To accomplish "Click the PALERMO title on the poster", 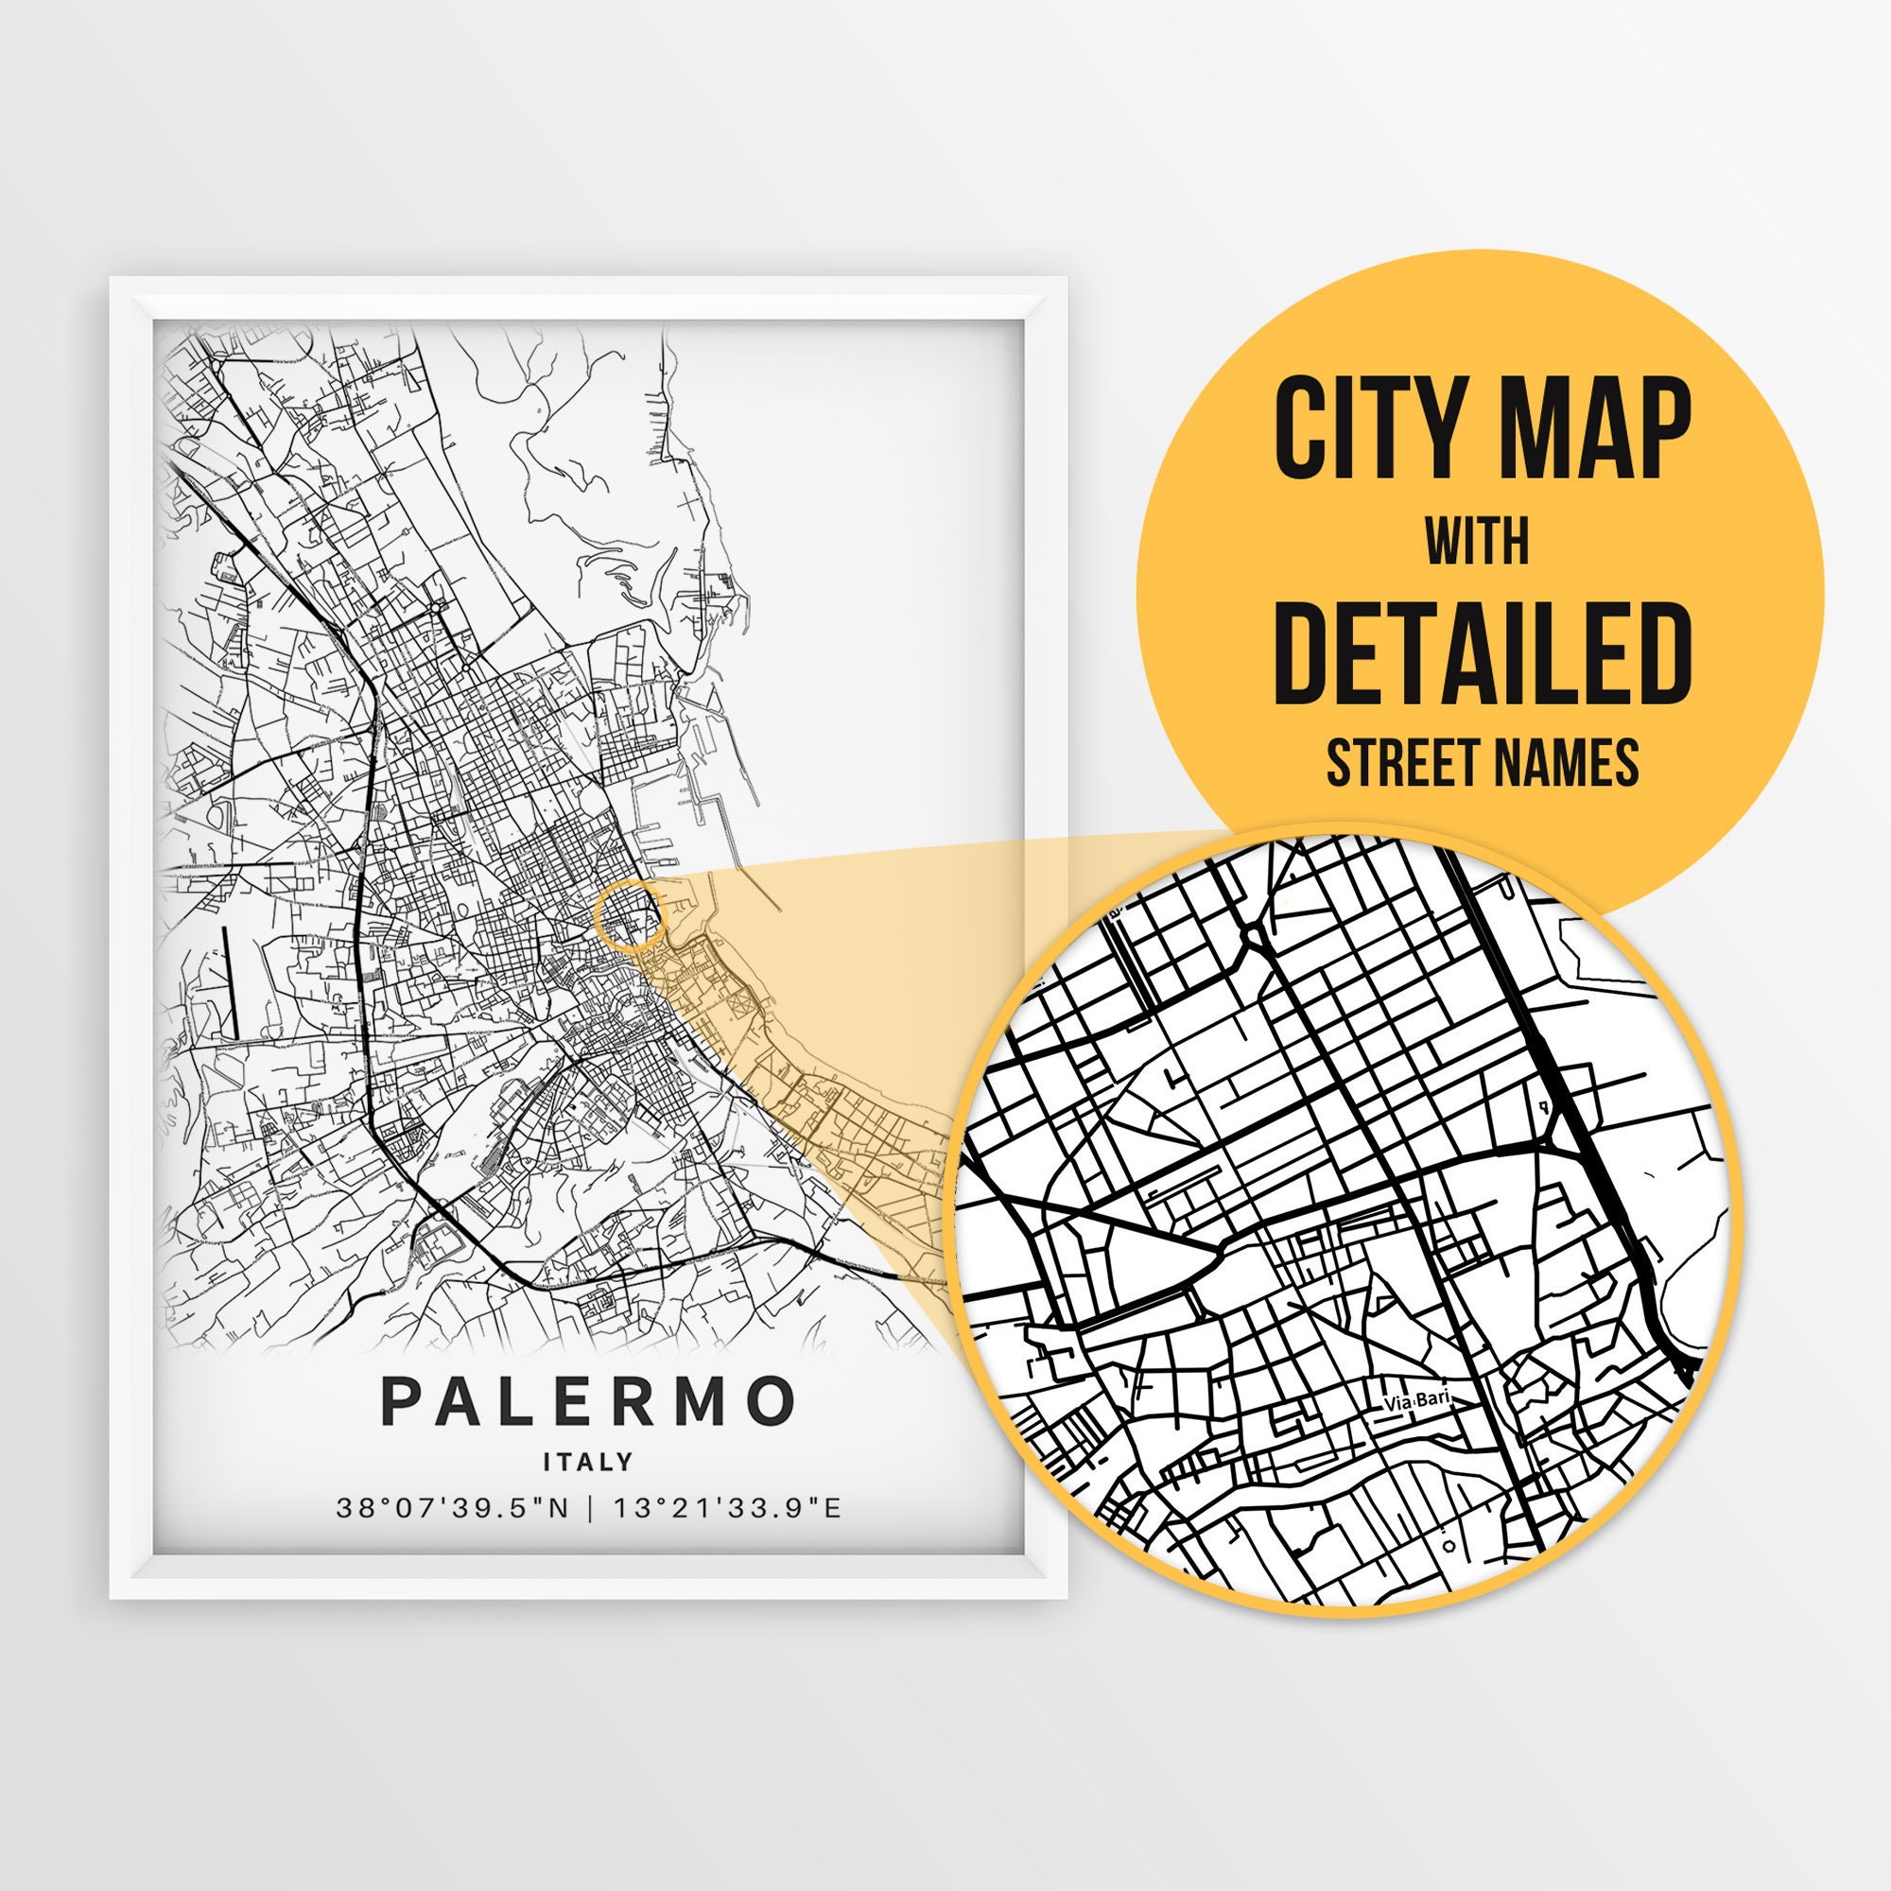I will (587, 1400).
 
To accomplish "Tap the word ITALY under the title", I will (588, 1463).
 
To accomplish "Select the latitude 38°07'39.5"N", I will (452, 1508).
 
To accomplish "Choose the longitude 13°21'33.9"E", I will (727, 1508).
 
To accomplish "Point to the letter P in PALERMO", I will (400, 1400).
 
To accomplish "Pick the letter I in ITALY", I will (548, 1463).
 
